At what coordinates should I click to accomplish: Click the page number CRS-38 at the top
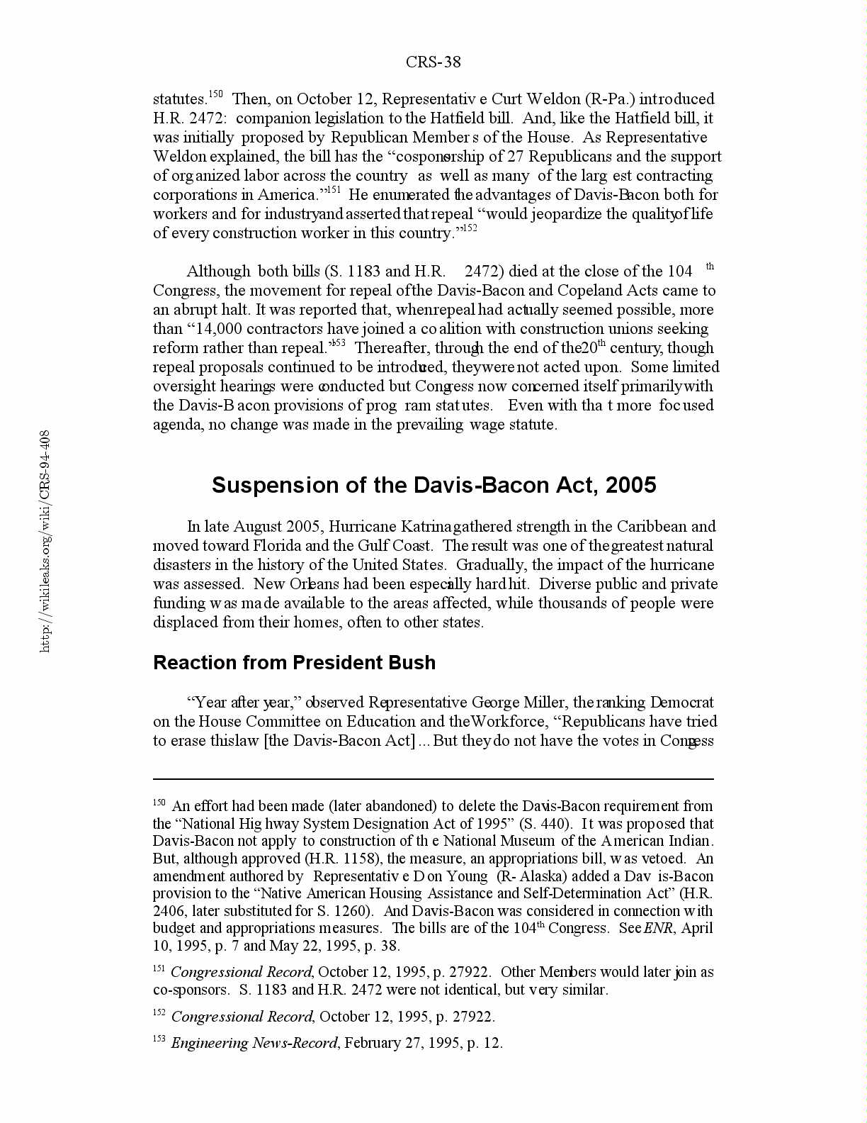pyautogui.click(x=433, y=62)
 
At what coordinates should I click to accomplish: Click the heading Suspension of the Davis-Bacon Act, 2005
pyautogui.click(x=433, y=485)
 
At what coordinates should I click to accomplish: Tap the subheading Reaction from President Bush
pyautogui.click(x=294, y=662)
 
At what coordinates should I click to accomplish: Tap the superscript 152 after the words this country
pyautogui.click(x=469, y=228)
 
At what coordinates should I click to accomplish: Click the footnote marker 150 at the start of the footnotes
pyautogui.click(x=159, y=803)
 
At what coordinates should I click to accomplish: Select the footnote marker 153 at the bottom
pyautogui.click(x=159, y=1039)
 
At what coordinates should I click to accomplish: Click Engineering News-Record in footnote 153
pyautogui.click(x=254, y=1043)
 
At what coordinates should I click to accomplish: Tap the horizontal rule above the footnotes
pyautogui.click(x=433, y=779)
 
